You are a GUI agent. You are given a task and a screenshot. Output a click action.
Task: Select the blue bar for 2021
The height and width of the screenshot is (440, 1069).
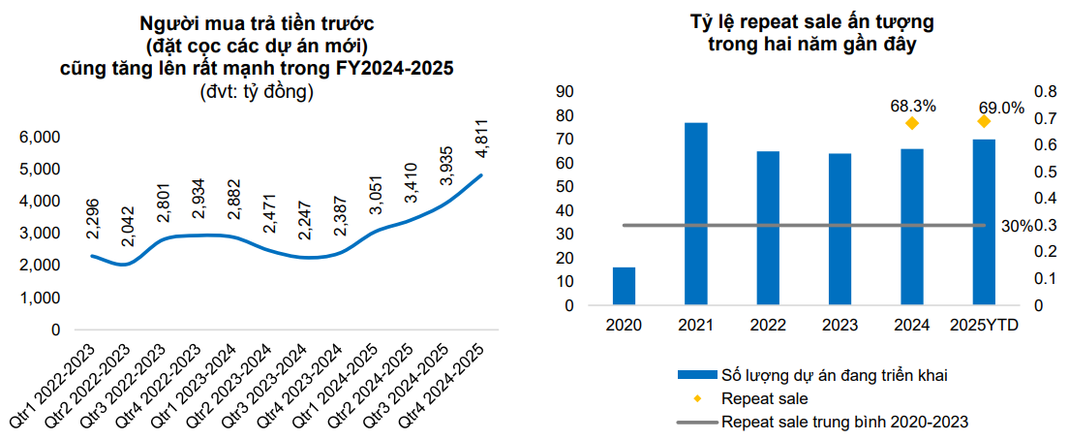pos(695,214)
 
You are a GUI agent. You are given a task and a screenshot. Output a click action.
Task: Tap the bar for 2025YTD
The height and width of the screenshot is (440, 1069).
pos(984,223)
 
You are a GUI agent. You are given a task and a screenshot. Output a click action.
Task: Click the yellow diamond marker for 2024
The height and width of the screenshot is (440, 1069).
pos(911,123)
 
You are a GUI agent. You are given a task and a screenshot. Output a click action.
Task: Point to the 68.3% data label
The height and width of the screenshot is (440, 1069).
pos(911,105)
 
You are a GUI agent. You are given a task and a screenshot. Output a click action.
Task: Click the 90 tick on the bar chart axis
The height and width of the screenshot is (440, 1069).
pos(564,91)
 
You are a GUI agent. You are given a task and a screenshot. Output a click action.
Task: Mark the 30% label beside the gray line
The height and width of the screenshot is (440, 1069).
pos(1015,226)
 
